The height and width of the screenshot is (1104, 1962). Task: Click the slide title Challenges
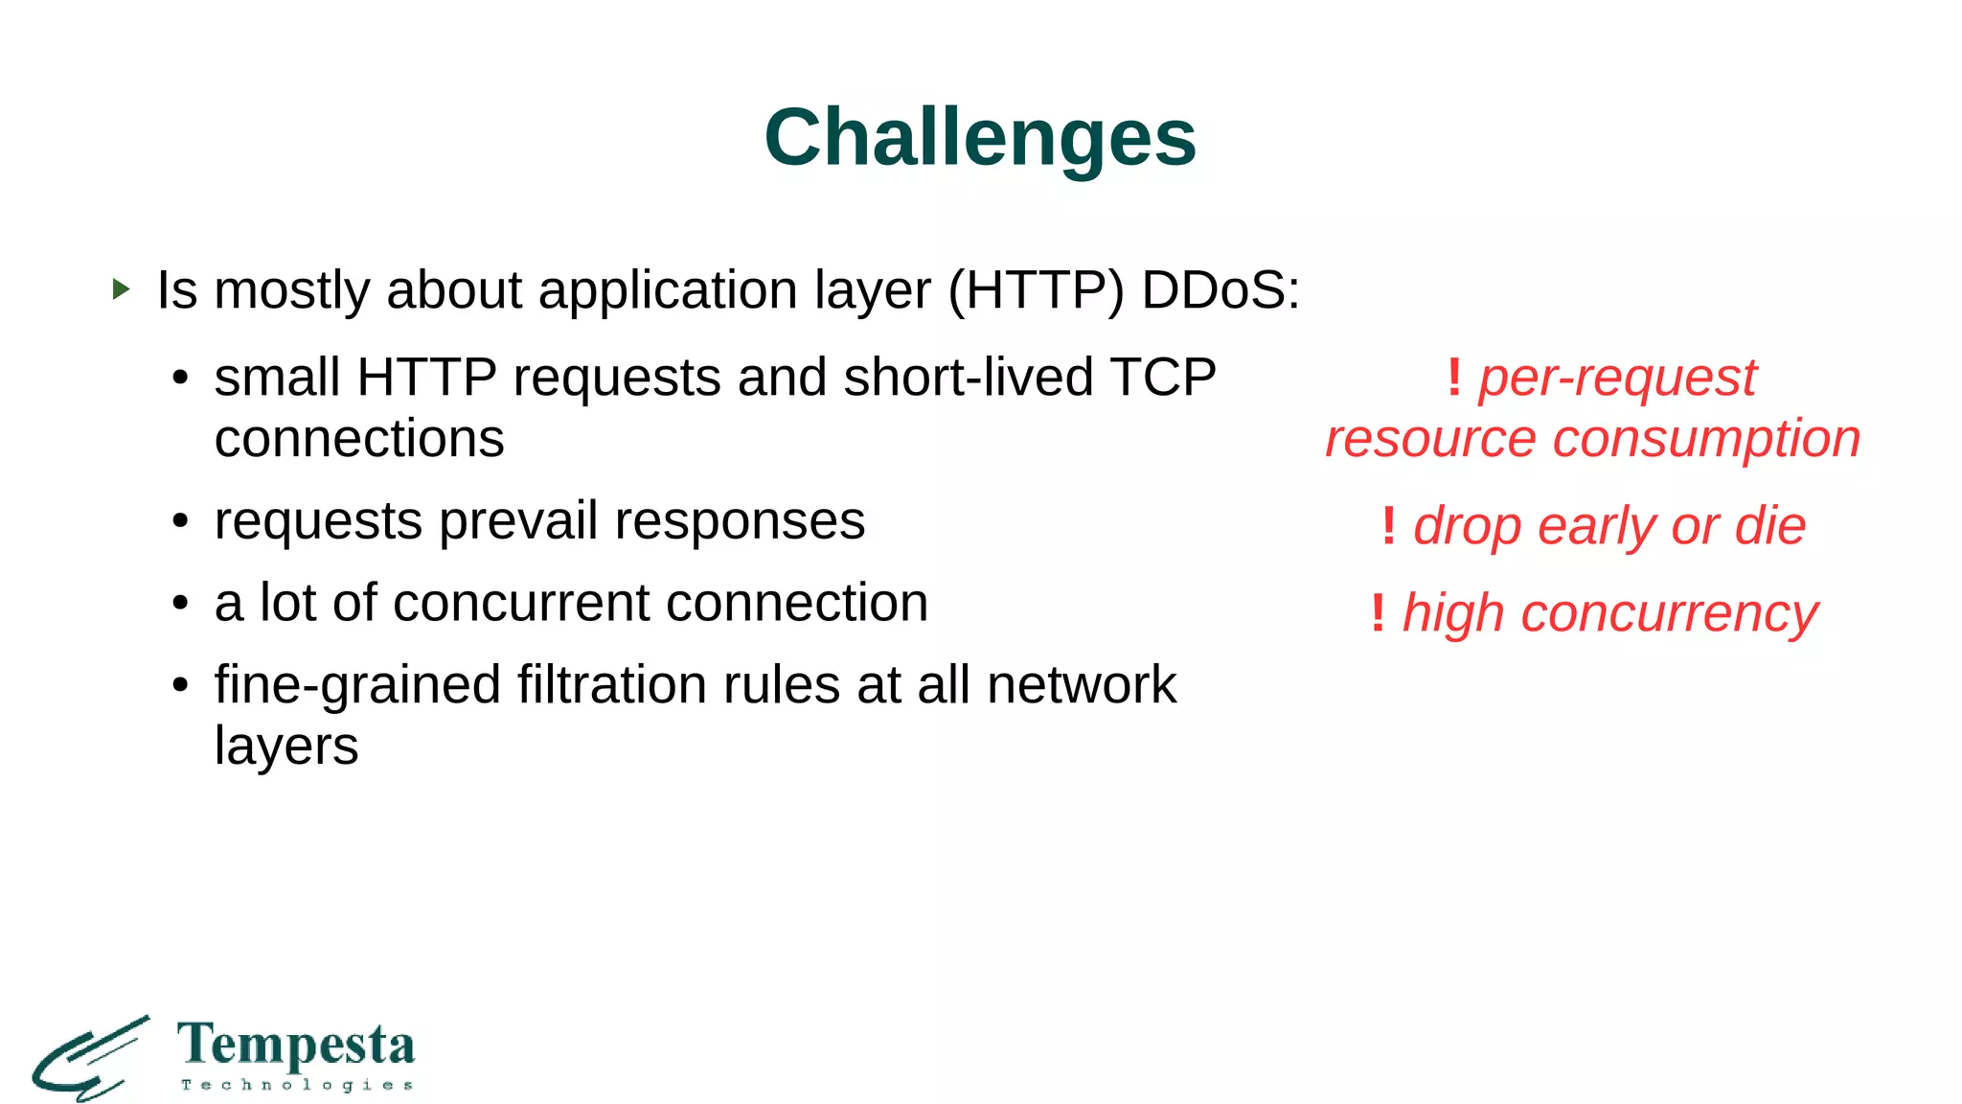[x=980, y=137]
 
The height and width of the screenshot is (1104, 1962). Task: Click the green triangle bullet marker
[x=121, y=288]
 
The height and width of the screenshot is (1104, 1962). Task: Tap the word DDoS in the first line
[x=1220, y=289]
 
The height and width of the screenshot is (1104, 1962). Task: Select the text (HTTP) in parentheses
[x=1036, y=289]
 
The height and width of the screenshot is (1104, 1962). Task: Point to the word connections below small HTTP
[x=359, y=439]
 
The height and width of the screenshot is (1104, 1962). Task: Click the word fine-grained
[x=357, y=685]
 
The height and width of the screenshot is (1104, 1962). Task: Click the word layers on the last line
[x=286, y=747]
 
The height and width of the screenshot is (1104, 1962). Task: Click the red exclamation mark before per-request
[x=1453, y=377]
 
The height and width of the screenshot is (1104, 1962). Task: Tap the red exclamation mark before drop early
[x=1388, y=526]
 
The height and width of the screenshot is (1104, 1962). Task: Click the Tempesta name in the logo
[x=296, y=1045]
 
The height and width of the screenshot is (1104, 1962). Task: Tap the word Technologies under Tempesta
[x=296, y=1085]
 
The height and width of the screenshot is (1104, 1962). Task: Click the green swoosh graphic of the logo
[x=89, y=1059]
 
